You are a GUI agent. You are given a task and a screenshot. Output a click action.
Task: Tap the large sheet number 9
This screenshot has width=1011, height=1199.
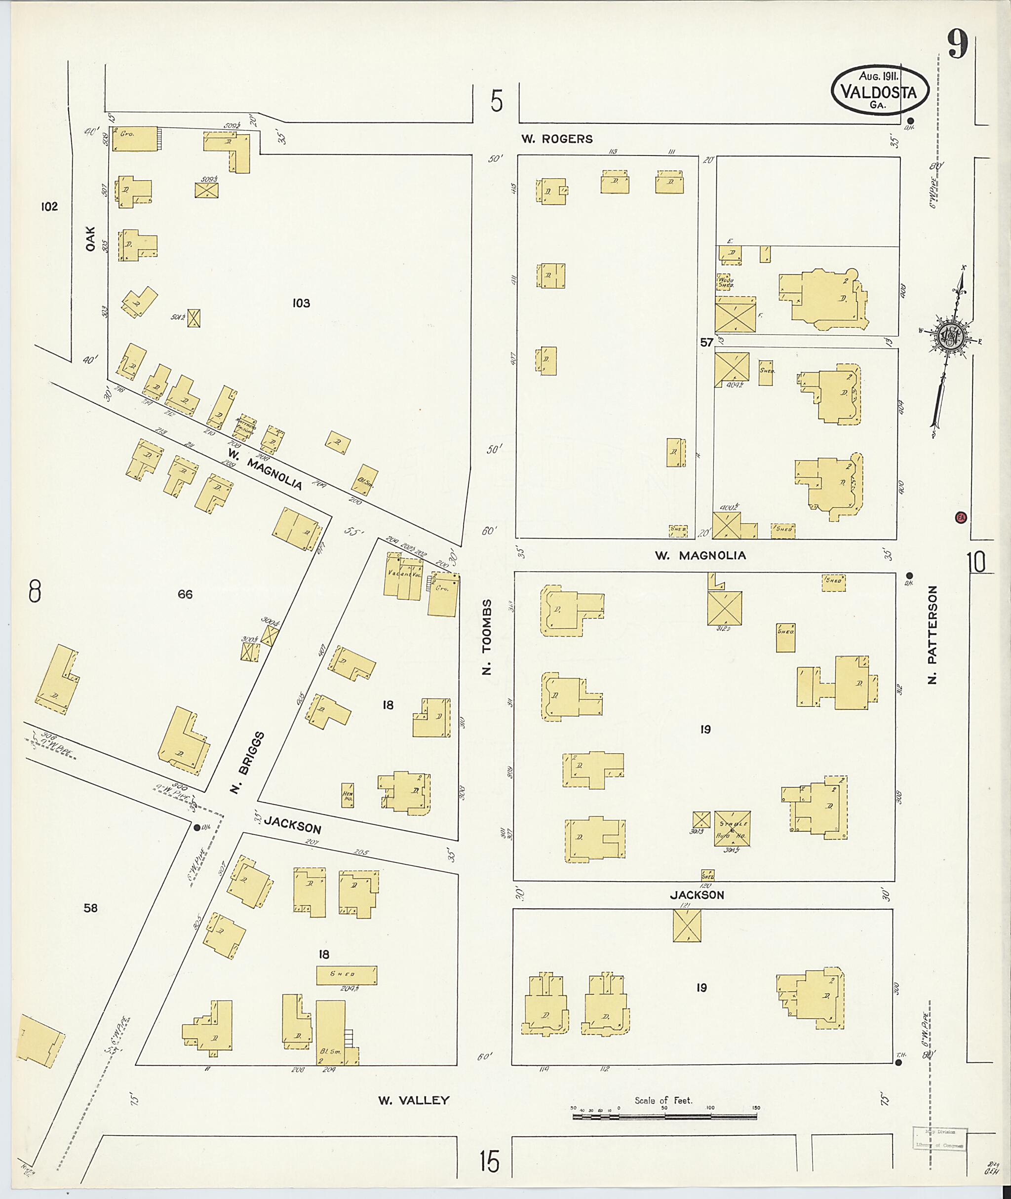[958, 45]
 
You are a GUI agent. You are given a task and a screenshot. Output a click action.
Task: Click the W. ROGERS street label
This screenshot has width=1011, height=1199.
[556, 139]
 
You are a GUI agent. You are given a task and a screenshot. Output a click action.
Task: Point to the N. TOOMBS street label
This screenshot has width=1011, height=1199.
[487, 637]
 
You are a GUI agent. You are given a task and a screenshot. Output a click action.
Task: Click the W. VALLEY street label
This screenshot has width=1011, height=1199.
[413, 1100]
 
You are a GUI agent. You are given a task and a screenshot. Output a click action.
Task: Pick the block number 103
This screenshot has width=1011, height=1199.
[301, 303]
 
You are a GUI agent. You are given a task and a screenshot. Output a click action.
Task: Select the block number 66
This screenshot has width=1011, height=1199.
[185, 594]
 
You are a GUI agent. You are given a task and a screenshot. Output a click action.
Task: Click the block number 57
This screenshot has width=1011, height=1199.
[707, 342]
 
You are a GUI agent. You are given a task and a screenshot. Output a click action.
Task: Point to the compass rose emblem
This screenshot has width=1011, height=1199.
[951, 338]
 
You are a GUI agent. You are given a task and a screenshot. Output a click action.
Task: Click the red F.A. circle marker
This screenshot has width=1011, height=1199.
[961, 517]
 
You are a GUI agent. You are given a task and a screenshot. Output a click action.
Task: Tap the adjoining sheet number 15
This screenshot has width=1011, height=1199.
[490, 1161]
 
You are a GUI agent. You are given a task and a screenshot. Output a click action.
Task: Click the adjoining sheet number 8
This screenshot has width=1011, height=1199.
[35, 591]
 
